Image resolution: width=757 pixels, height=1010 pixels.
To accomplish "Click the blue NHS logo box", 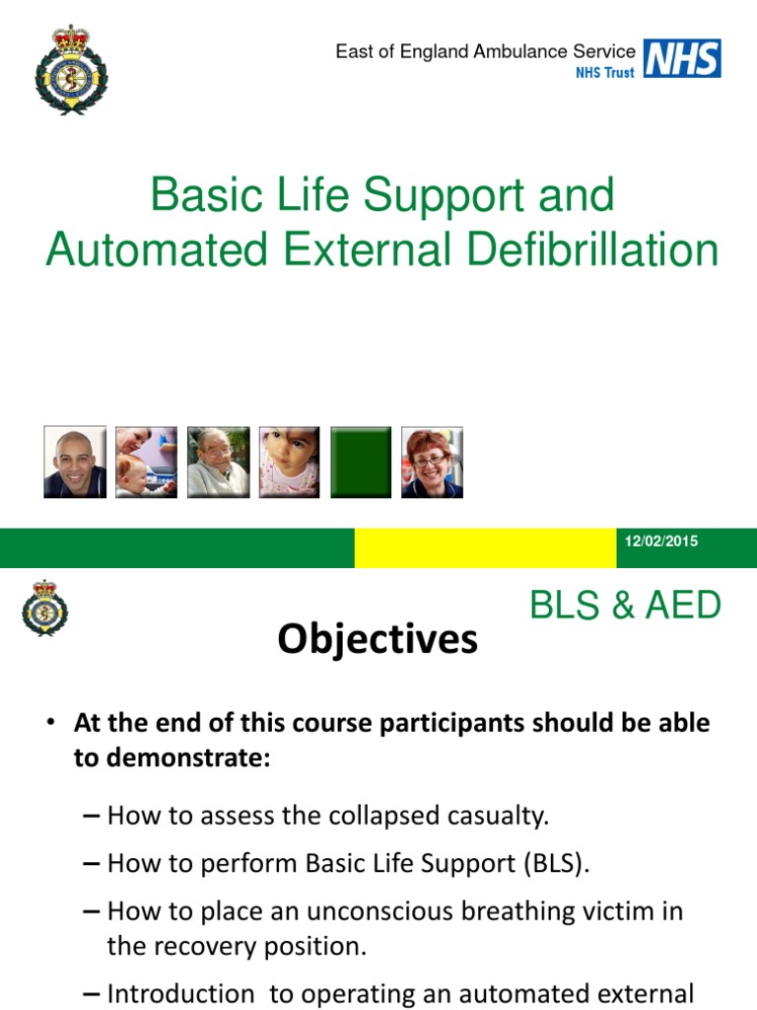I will (x=682, y=58).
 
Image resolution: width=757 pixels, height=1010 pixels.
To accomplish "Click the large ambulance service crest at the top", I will (x=71, y=70).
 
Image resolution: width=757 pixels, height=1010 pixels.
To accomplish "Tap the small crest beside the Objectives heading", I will (x=44, y=607).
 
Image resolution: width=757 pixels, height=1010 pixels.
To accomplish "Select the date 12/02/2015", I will (x=661, y=541).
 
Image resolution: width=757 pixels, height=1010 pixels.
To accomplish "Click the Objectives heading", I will (x=378, y=640).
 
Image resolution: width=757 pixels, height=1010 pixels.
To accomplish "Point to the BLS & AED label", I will (x=625, y=606).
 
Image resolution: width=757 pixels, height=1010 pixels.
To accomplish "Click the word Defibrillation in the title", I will (x=592, y=251).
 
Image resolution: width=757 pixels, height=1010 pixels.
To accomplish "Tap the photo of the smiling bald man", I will (x=75, y=462).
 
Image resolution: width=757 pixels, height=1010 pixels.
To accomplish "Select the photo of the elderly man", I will (x=218, y=462).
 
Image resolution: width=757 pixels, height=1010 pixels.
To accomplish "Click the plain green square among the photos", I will (x=361, y=462).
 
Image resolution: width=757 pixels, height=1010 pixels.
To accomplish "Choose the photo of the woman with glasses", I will (x=433, y=462).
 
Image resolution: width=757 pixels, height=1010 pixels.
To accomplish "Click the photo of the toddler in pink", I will (x=290, y=462).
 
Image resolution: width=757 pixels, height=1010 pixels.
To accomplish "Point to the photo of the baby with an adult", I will (x=146, y=462).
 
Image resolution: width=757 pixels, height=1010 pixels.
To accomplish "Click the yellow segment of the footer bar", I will (x=485, y=547).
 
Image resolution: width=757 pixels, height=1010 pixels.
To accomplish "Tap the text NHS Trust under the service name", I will (x=604, y=73).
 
